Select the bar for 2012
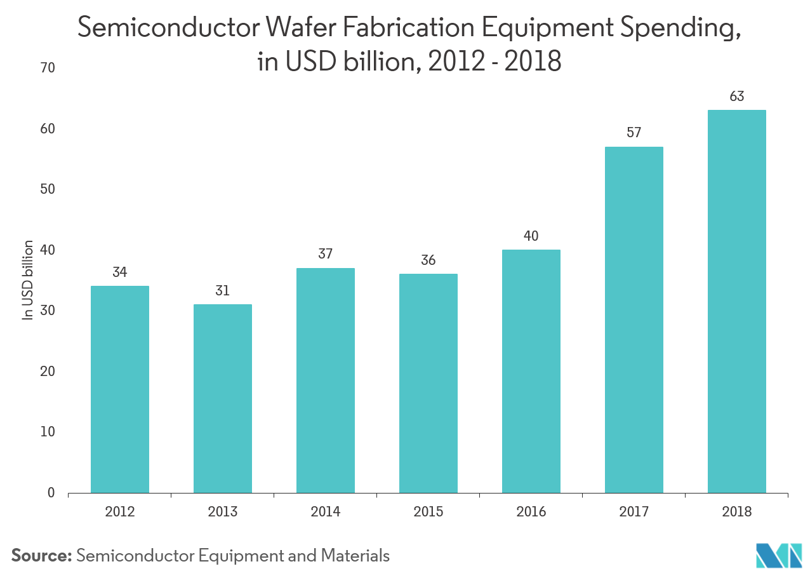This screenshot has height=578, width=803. coord(120,389)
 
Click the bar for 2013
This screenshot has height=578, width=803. coord(223,398)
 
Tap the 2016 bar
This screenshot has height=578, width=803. coord(531,371)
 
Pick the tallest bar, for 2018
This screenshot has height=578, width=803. coord(737,301)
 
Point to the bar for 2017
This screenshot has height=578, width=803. coord(634,319)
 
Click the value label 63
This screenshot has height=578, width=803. coord(737,97)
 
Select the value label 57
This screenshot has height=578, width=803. coord(634,133)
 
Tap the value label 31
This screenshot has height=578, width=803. coord(223,291)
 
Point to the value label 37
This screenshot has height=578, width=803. coord(326,254)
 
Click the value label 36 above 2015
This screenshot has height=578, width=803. coord(428,260)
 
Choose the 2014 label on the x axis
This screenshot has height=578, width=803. coord(326,512)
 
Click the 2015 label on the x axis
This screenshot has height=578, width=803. coord(428,512)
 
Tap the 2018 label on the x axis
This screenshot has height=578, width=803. coord(737,512)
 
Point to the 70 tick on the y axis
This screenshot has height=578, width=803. coord(48,68)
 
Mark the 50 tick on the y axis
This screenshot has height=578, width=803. coord(48,189)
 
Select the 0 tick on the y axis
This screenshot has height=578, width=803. coord(51,493)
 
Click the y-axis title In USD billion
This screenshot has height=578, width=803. coord(28,279)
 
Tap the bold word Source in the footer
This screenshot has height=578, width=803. coord(41,556)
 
